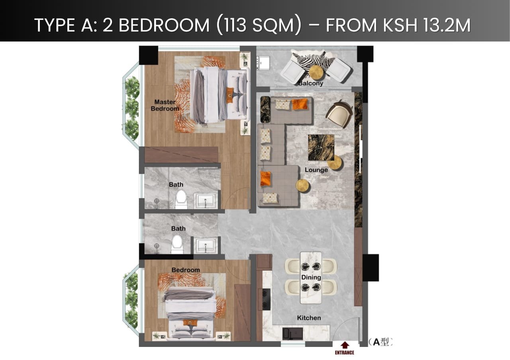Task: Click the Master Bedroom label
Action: [165, 105]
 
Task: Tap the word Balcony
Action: [310, 84]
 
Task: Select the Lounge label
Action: [316, 170]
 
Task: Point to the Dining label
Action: [311, 278]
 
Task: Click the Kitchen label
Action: [309, 318]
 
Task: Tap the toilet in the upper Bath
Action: [181, 199]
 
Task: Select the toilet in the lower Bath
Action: [177, 243]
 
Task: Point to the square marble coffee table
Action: [321, 147]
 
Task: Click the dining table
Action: [311, 278]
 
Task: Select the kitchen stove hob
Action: [267, 299]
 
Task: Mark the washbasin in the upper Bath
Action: [206, 201]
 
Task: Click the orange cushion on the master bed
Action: [230, 95]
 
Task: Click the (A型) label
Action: [381, 342]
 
